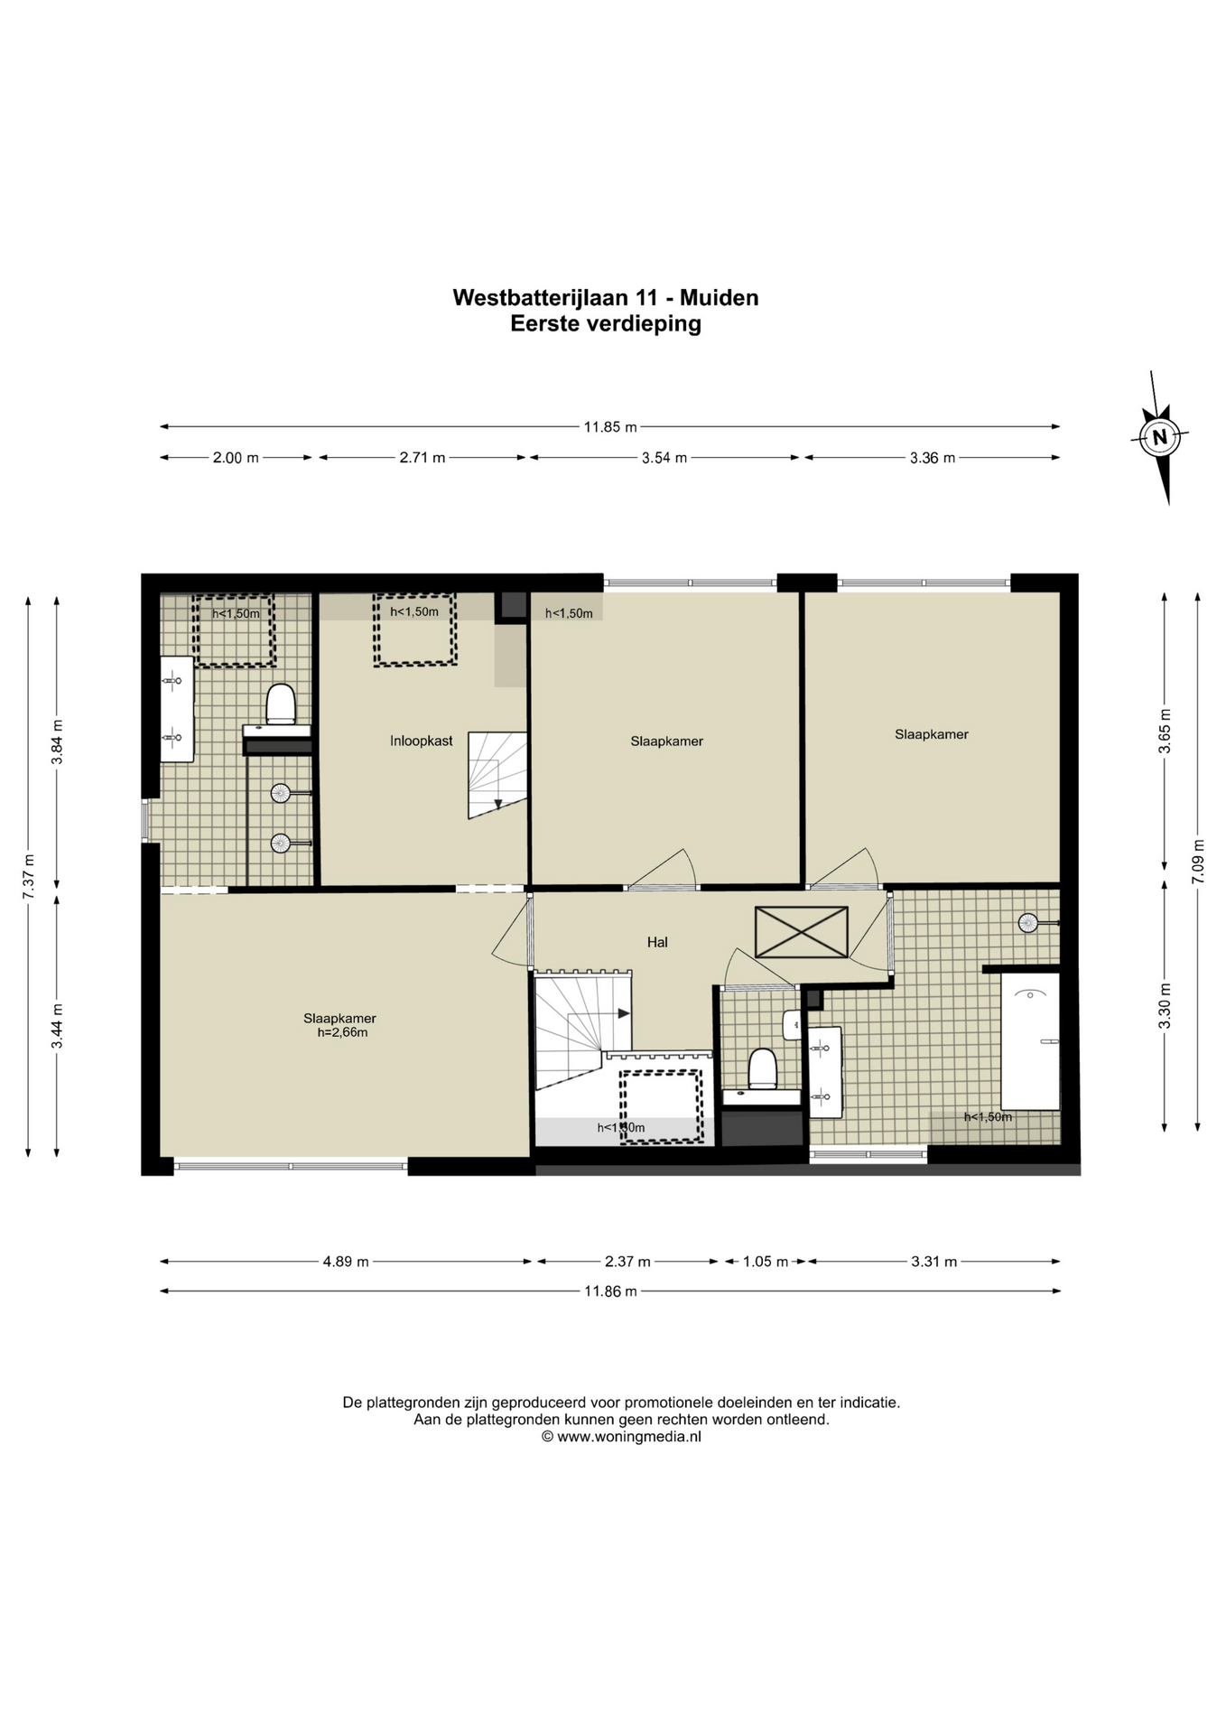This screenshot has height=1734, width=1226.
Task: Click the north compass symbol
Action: pyautogui.click(x=1160, y=437)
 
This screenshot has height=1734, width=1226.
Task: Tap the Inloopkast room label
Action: pyautogui.click(x=422, y=741)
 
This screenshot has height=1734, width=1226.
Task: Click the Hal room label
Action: pyautogui.click(x=657, y=942)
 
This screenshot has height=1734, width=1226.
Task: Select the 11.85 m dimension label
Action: pyautogui.click(x=610, y=427)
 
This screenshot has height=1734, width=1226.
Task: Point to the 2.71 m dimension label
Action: pyautogui.click(x=423, y=458)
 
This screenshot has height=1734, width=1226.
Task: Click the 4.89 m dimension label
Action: pyautogui.click(x=346, y=1262)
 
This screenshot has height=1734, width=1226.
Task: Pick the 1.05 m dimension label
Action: pyautogui.click(x=766, y=1262)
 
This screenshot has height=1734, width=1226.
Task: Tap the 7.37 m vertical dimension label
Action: pyautogui.click(x=28, y=876)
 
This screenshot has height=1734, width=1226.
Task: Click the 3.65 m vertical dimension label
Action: pyautogui.click(x=1165, y=731)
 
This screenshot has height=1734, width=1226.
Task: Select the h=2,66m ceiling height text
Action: pyautogui.click(x=342, y=1032)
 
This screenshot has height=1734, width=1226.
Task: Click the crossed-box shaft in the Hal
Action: pyautogui.click(x=802, y=932)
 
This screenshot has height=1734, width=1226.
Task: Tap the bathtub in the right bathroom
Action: pyautogui.click(x=1030, y=1040)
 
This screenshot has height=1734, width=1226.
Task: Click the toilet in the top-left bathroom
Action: pyautogui.click(x=281, y=704)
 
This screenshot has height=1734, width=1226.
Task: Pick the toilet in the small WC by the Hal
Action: pyautogui.click(x=763, y=1068)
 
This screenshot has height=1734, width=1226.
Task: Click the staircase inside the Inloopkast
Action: pyautogui.click(x=497, y=775)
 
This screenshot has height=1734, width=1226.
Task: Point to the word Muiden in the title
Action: pyautogui.click(x=719, y=297)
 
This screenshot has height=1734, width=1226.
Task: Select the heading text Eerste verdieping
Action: pyautogui.click(x=606, y=323)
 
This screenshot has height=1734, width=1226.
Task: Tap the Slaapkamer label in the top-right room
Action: pyautogui.click(x=932, y=734)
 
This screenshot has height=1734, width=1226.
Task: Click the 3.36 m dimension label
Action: pyautogui.click(x=933, y=458)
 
